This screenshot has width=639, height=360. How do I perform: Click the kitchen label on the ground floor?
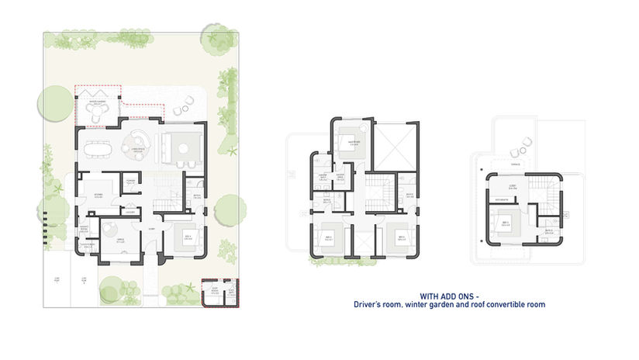tap(98, 193)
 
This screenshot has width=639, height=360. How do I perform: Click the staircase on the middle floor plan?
tap(378, 192)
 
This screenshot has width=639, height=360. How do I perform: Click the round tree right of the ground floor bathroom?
tap(227, 208)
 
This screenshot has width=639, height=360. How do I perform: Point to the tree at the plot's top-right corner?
tap(216, 34)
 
